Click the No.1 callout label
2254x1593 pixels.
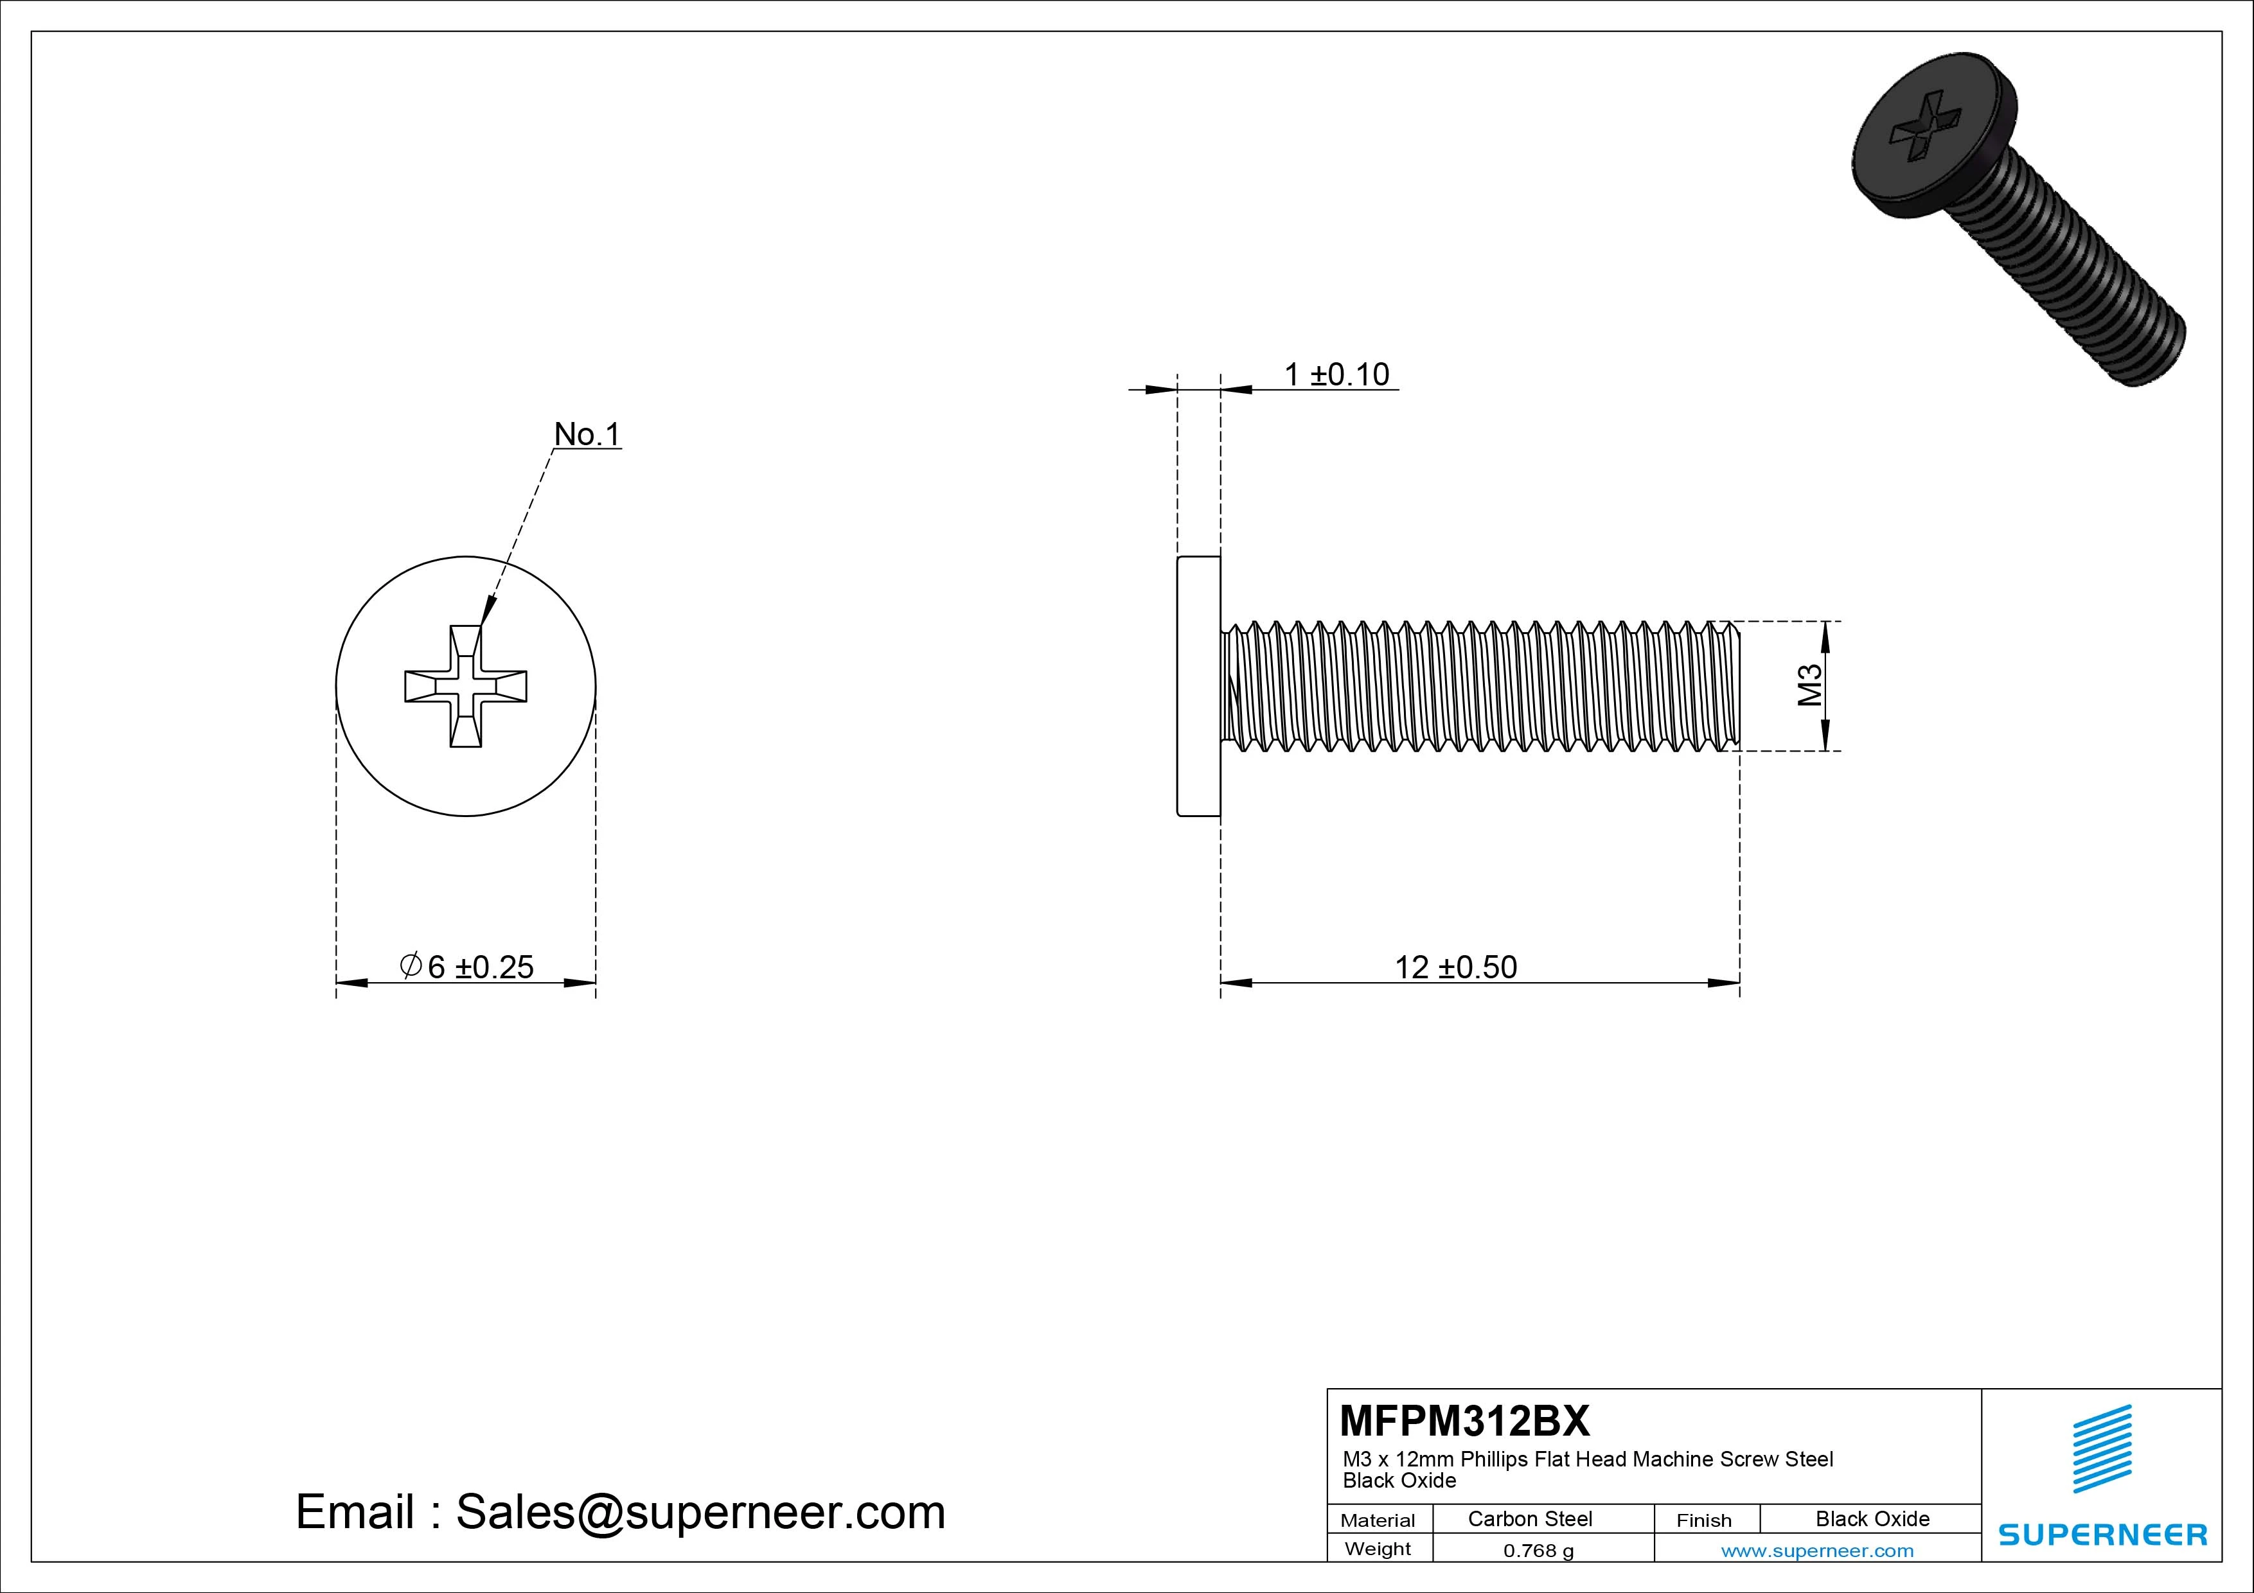[x=587, y=434]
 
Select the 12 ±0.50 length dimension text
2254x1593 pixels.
[x=1456, y=967]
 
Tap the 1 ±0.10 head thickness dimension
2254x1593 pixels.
[x=1337, y=374]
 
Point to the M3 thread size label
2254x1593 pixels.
[x=1809, y=685]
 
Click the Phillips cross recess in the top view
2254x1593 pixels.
[x=466, y=686]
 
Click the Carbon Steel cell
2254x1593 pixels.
[x=1529, y=1518]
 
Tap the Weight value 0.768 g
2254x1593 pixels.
[x=1538, y=1551]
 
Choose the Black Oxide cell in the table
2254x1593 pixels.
[x=1872, y=1518]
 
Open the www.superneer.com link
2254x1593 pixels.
[x=1817, y=1551]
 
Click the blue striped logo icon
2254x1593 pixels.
[x=2102, y=1448]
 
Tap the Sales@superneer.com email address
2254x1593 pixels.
[x=700, y=1511]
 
